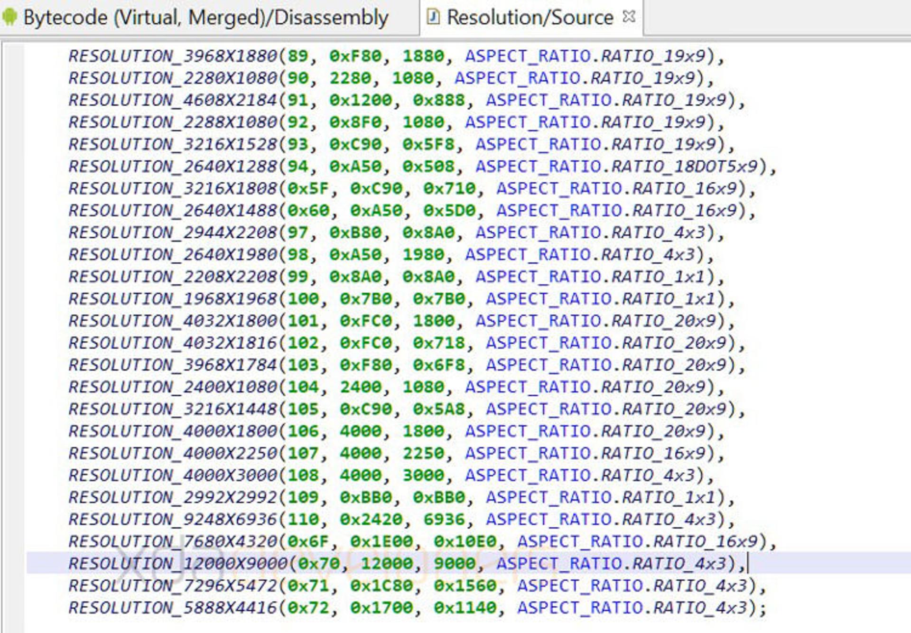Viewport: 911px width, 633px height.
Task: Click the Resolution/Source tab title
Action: (x=530, y=18)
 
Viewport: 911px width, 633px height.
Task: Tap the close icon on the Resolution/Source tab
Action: (x=629, y=17)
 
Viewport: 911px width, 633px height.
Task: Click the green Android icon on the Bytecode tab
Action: (x=9, y=17)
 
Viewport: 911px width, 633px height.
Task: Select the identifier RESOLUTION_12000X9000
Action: (x=178, y=563)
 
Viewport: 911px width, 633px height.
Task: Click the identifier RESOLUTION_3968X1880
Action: (x=173, y=56)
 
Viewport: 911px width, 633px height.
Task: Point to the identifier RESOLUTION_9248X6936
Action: (x=173, y=519)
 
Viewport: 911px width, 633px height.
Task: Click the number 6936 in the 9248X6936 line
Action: (x=444, y=519)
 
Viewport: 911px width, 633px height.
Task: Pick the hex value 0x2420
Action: (x=371, y=519)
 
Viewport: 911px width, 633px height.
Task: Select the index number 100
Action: (x=303, y=298)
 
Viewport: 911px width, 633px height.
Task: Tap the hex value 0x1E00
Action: (x=382, y=541)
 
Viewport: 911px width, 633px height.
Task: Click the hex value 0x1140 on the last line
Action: (x=465, y=607)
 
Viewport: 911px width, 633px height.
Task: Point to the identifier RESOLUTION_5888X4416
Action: (x=173, y=607)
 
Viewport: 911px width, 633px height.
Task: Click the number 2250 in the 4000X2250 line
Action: (x=423, y=453)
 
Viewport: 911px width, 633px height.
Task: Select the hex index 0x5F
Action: (x=308, y=188)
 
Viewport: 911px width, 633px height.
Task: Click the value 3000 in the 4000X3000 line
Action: (x=423, y=475)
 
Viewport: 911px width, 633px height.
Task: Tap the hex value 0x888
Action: (x=439, y=100)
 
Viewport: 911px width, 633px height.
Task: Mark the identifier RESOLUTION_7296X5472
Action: (x=173, y=586)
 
